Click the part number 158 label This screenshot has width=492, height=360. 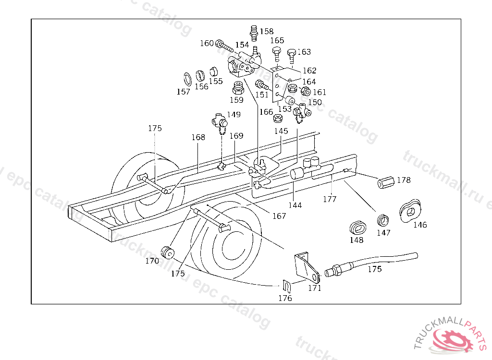(267, 32)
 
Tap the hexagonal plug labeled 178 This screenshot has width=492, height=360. (386, 183)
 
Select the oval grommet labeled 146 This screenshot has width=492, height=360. (409, 209)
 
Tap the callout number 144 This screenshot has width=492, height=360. (295, 205)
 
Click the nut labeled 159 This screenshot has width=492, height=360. (237, 88)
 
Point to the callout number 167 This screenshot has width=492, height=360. (279, 216)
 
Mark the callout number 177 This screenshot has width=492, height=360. (330, 199)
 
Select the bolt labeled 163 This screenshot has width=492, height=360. (292, 54)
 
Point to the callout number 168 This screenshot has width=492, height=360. (198, 137)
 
